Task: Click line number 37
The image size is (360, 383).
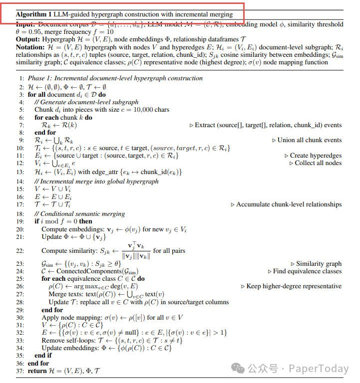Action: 20,371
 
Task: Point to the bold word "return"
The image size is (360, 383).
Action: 38,371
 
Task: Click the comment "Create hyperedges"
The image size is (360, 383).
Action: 316,156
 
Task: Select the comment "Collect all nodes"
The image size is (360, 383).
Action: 318,163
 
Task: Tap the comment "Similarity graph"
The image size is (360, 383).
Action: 319,263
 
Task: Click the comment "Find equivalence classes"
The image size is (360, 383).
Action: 308,271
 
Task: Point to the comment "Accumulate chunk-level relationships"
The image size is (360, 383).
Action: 289,204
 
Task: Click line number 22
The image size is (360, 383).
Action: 20,250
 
